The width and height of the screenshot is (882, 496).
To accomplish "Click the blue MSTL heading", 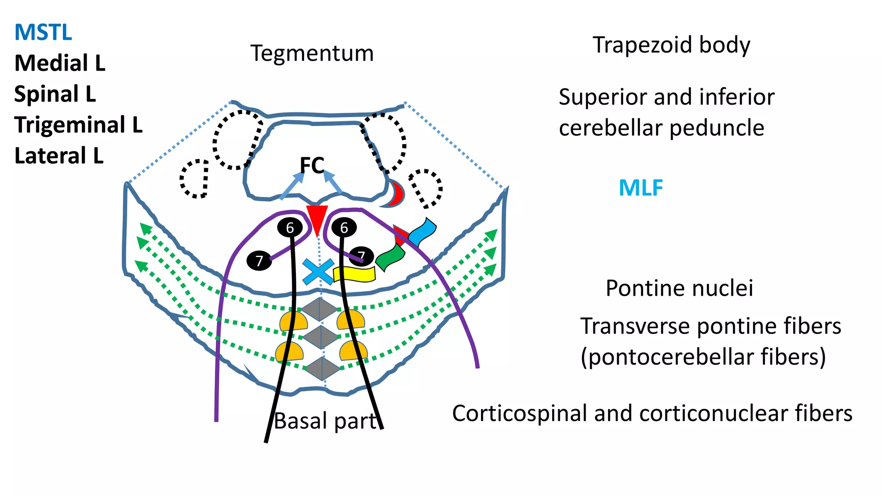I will pos(43,33).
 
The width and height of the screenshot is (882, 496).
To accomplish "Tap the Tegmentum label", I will pos(312,54).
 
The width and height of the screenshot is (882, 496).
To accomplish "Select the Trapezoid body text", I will pos(671,45).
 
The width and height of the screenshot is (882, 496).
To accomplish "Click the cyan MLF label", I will pos(640,188).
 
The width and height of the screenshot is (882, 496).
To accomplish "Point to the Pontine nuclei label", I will pos(679,288).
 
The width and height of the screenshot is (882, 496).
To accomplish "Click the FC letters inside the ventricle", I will pos(312,165).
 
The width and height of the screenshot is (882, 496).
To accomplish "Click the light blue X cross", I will pos(318,272).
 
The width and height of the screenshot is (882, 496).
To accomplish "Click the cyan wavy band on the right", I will pos(422,232).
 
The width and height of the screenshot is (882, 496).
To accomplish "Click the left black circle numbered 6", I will pos(290,227).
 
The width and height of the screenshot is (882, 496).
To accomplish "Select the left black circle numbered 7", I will pos(259,260).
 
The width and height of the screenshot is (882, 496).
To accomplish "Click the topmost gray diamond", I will pos(319,309).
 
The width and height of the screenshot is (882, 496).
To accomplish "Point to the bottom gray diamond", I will pos(323,369).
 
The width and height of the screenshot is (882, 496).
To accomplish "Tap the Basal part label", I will pos(325,421).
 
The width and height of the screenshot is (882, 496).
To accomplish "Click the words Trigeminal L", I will pos(78,125).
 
